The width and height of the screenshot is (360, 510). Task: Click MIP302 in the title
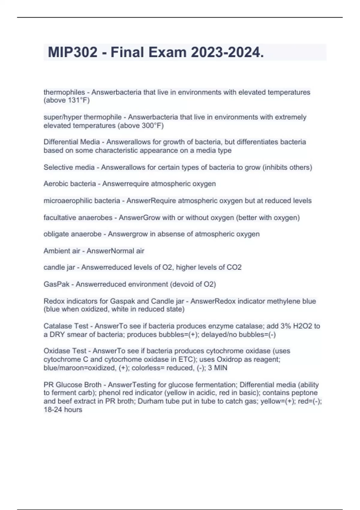click(73, 52)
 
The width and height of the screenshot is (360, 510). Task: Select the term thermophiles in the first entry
click(64, 92)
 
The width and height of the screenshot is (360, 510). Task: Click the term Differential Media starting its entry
click(71, 142)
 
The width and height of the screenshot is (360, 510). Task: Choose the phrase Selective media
click(69, 167)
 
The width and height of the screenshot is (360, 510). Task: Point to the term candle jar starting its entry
click(59, 267)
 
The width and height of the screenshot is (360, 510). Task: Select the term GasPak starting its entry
click(56, 284)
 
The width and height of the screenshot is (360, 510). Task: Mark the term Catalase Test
click(66, 326)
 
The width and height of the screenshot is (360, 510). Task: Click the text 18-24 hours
click(63, 410)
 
